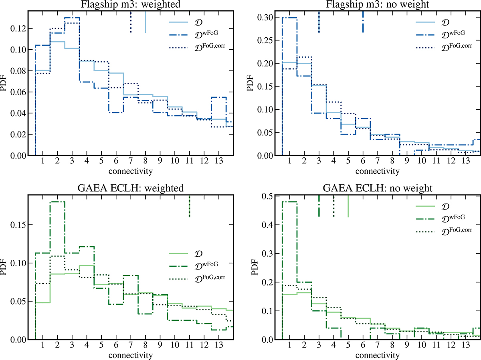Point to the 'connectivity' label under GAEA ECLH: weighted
click(x=131, y=354)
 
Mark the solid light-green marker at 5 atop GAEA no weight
click(x=348, y=206)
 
